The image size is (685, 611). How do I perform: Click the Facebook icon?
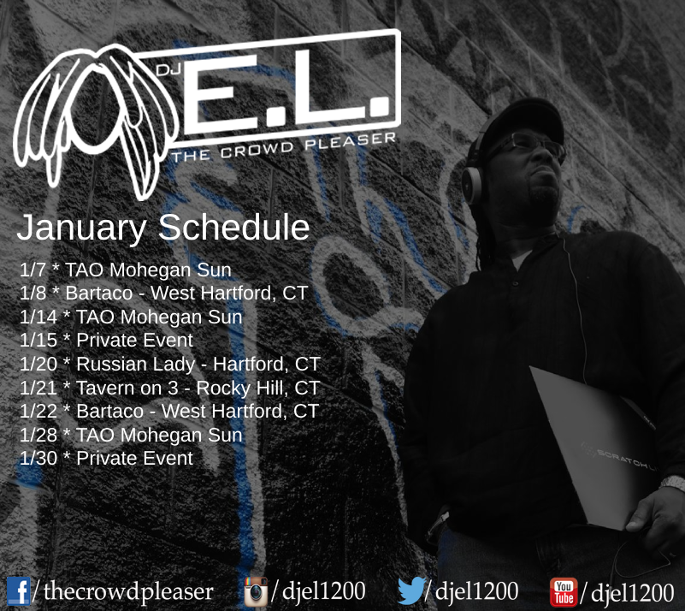click(x=18, y=591)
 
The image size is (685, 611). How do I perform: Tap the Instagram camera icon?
click(x=256, y=591)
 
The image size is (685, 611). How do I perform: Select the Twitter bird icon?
click(x=411, y=590)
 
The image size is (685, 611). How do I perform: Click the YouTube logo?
click(x=564, y=592)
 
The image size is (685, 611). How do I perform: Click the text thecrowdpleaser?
click(x=128, y=592)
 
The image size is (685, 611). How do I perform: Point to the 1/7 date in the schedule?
click(x=32, y=270)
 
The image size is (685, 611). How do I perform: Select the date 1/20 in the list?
click(x=38, y=364)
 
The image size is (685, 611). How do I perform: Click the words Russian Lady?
click(x=135, y=365)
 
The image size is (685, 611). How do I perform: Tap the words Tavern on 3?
click(x=127, y=388)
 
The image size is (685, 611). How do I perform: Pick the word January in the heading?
click(x=82, y=228)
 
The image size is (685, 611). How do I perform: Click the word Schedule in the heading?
click(x=233, y=227)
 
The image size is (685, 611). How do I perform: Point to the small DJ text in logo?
click(x=168, y=69)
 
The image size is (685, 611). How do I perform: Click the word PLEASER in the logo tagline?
click(x=351, y=141)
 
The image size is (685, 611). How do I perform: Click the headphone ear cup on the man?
click(x=472, y=186)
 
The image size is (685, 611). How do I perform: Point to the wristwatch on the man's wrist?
click(x=673, y=483)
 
